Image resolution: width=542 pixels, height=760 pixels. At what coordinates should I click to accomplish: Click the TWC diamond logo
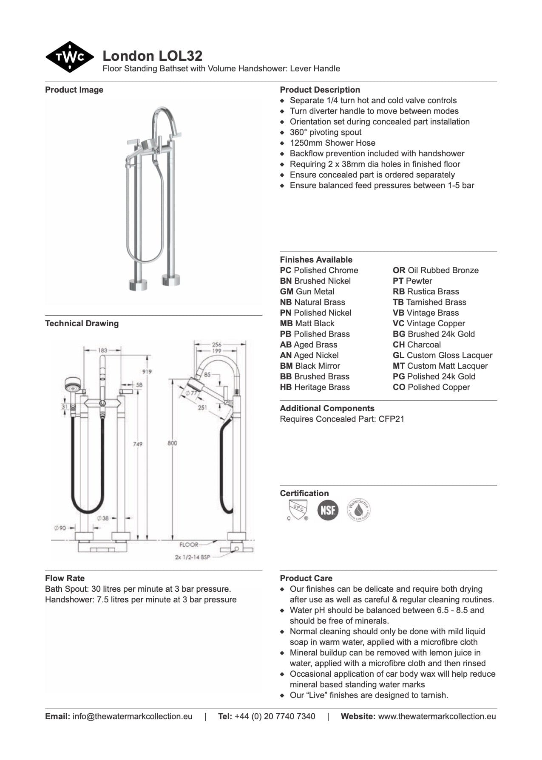tap(69, 57)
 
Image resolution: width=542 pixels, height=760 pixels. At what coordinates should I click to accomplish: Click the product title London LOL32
tap(152, 56)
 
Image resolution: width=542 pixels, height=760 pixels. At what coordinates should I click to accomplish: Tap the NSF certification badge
tap(328, 509)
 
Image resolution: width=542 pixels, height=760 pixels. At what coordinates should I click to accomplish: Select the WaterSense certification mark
tap(359, 509)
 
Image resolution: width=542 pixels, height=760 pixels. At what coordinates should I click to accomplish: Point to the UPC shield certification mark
tap(298, 509)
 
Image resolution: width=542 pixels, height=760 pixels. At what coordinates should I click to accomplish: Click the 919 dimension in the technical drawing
tap(147, 371)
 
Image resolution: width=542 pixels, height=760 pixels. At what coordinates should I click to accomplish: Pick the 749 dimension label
tap(137, 444)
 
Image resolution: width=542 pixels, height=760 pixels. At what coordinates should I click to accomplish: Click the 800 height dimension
tap(172, 443)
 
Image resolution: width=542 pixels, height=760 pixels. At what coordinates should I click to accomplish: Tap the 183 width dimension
tap(102, 350)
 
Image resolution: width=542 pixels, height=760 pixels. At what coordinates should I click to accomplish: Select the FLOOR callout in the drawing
tap(189, 544)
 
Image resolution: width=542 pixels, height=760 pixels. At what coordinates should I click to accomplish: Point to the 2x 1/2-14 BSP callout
tap(192, 557)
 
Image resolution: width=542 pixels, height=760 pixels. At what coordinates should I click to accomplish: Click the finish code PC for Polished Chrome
tap(286, 270)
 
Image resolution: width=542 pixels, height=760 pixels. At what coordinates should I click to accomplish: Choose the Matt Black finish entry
tap(307, 323)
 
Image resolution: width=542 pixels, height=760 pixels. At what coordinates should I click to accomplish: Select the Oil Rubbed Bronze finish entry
tap(435, 270)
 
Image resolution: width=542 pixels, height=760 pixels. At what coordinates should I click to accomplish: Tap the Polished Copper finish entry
tap(431, 387)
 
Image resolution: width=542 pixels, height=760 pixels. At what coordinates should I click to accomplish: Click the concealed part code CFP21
tap(391, 419)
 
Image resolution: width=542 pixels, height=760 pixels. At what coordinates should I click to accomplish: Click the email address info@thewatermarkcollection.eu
tap(132, 716)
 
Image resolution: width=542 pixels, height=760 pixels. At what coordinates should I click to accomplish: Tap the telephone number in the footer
tap(275, 716)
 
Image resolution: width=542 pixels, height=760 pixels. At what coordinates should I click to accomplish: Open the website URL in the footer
tap(437, 716)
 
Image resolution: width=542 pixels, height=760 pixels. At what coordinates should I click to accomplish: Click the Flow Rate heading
tap(65, 578)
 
